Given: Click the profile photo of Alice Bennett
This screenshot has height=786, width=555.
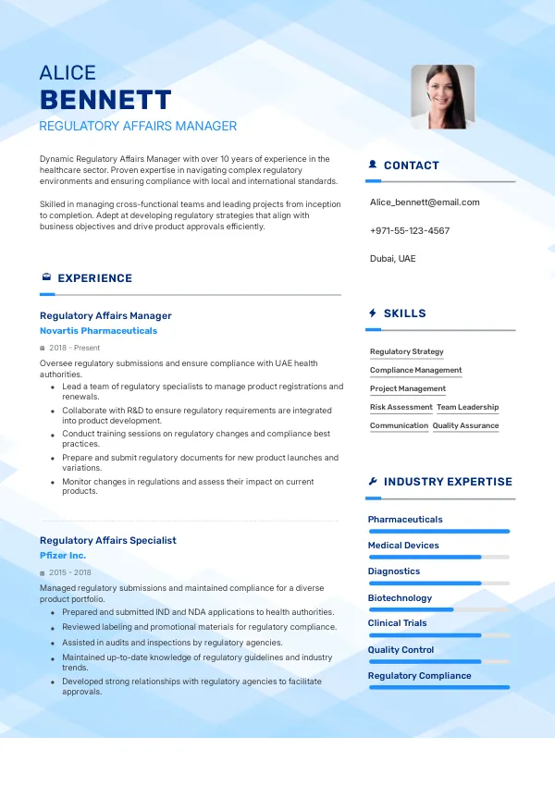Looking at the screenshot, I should pos(442,96).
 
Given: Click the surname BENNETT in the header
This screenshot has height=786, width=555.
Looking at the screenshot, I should pos(105,100).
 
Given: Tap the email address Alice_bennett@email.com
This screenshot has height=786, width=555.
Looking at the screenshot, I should pos(425,202).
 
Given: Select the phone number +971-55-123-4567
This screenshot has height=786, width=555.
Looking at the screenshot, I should pos(410,230).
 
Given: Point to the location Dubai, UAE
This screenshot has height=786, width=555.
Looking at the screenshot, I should pos(393,258).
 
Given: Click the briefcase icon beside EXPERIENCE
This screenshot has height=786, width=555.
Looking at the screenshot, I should pos(45,277).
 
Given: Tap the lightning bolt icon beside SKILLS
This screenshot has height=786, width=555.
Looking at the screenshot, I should pos(372,313).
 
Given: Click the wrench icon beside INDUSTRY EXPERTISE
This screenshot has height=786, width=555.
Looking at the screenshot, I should pos(372,482).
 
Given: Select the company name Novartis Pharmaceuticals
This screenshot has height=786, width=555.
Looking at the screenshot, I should pos(99,330).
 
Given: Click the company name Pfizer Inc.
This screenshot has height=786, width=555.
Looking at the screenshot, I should pos(63,555).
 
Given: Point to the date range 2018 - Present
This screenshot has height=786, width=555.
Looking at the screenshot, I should pos(74,348).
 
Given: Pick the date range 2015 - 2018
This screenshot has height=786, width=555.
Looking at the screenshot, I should pos(70,572).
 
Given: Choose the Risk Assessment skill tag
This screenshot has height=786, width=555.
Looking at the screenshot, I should pos(401,407).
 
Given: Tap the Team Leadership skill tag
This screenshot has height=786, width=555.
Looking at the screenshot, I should pos(467,407).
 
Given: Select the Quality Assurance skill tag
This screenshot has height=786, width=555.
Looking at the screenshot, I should pos(465,425).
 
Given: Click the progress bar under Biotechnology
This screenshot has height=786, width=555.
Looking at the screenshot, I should pos(438,609).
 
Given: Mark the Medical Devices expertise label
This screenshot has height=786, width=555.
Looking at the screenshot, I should pos(403,546).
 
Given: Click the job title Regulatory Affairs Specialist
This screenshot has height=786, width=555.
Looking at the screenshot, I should pos(108,540).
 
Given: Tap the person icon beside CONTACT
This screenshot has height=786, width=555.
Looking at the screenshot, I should pos(372,166).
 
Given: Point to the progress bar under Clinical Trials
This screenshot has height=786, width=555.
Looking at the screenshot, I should pos(438,635).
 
